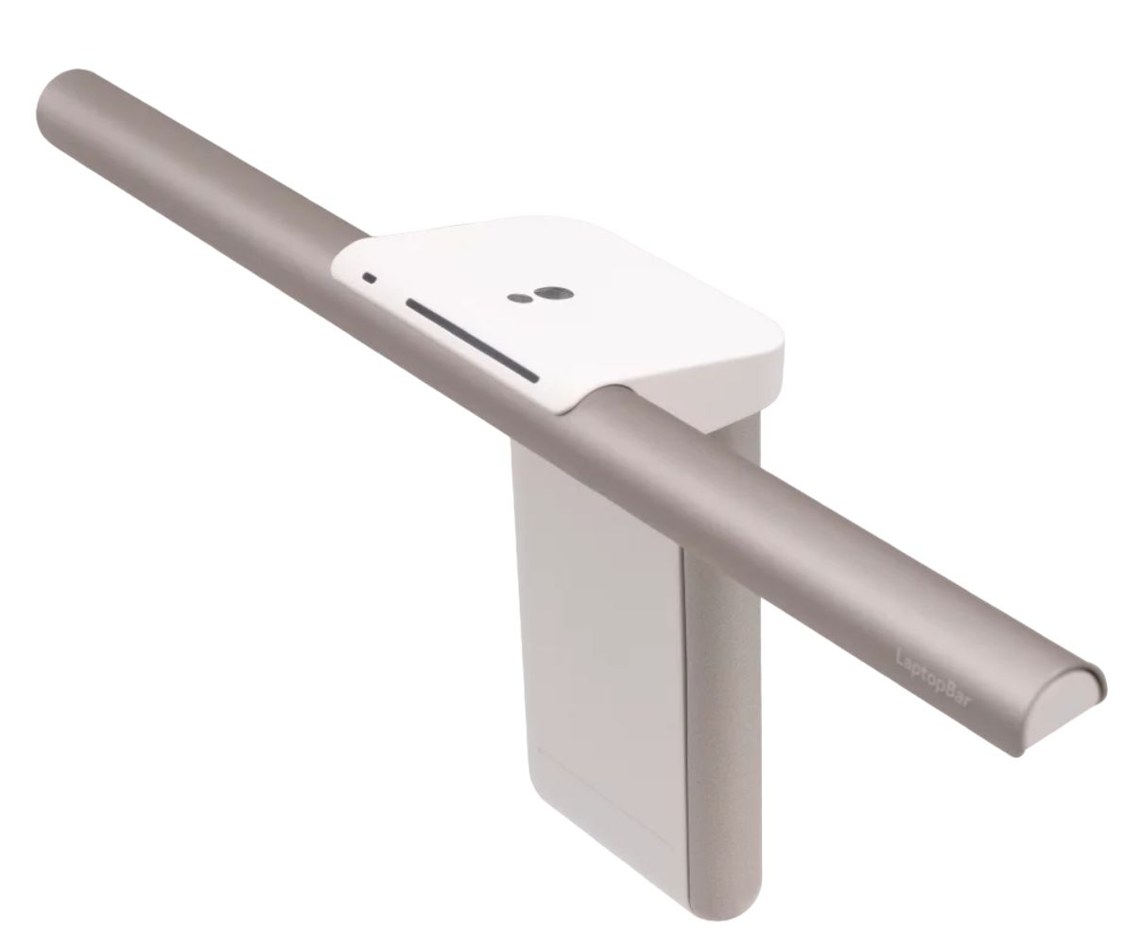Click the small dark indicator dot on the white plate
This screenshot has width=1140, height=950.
pos(369,278)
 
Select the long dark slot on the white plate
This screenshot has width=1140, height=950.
pos(473,340)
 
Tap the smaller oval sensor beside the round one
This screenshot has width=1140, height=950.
pos(518,299)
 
